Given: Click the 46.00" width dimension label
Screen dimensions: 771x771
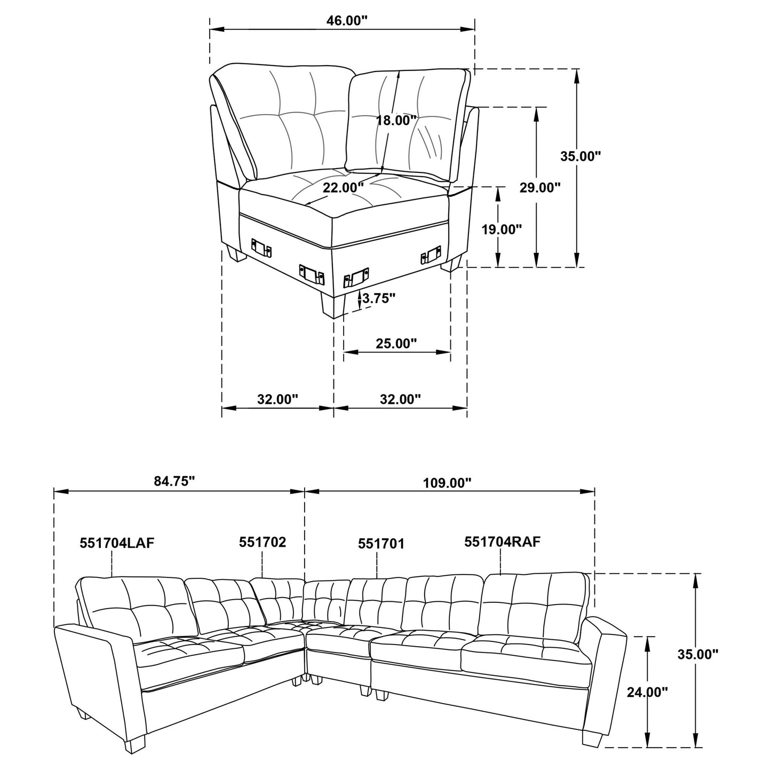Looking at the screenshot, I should point(347,21).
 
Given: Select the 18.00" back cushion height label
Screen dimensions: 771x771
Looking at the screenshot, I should point(396,121).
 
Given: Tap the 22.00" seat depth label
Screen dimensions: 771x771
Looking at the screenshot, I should point(343,188).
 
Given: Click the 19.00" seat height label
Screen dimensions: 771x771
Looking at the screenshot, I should point(500,230).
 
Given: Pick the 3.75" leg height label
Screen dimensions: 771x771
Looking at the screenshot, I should point(379,298).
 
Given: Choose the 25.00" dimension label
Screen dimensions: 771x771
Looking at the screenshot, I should point(396,344).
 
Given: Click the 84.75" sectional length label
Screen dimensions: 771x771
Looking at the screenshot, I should point(174,482).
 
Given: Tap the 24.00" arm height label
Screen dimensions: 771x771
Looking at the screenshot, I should point(647,693).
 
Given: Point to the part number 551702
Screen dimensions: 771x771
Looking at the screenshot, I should point(263,543).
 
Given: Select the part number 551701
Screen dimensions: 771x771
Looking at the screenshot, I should point(381,544).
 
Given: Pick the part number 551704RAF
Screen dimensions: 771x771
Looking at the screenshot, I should point(503,542).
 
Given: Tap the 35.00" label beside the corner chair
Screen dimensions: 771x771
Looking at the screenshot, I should point(581,156).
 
